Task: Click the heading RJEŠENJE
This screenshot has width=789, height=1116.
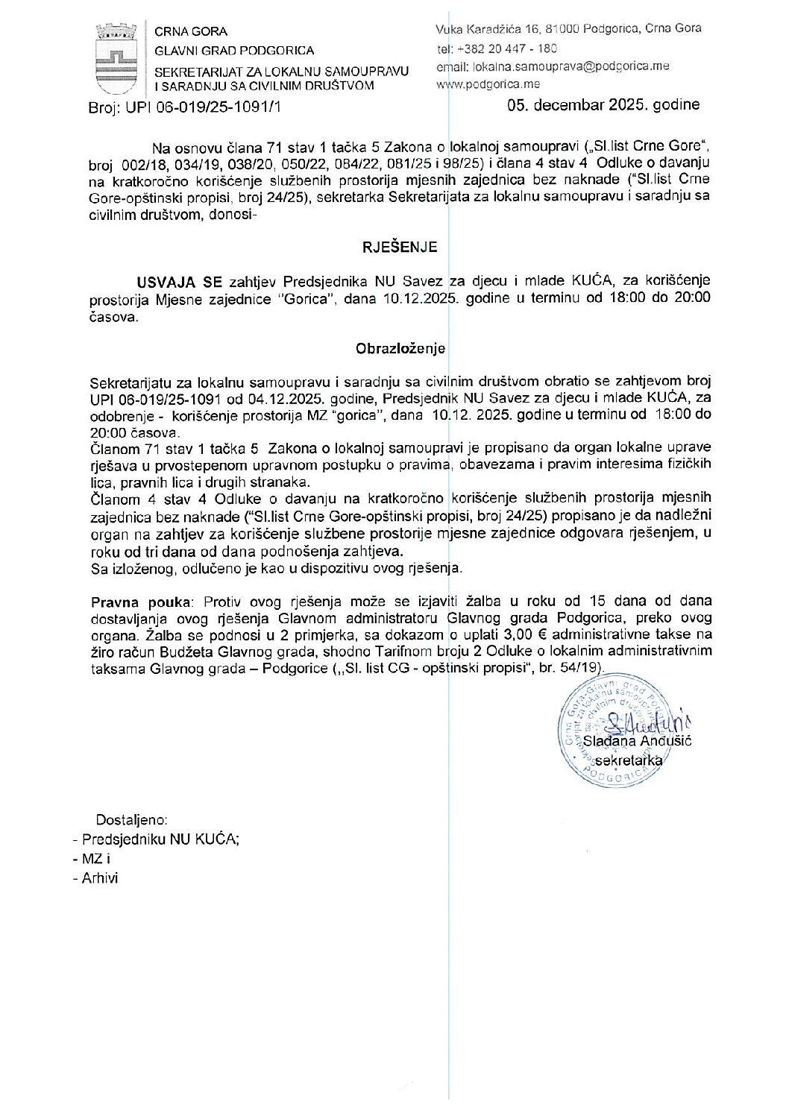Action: click(399, 248)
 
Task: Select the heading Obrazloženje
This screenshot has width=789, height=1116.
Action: click(400, 348)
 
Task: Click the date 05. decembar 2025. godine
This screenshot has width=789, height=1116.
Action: click(603, 104)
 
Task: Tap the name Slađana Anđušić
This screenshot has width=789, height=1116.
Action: click(637, 741)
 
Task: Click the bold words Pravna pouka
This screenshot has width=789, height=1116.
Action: click(141, 601)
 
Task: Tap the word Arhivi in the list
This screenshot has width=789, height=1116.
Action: click(100, 877)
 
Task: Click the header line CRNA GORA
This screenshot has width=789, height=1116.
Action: click(191, 31)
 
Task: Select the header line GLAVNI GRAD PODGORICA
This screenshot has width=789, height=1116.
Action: click(234, 51)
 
